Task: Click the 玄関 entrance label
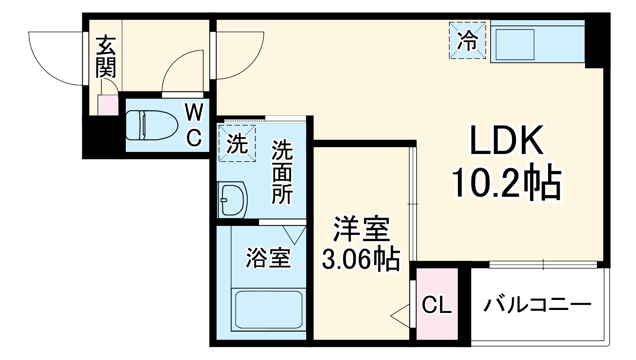(x=106, y=57)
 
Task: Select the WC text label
(x=194, y=126)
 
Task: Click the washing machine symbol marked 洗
(x=237, y=143)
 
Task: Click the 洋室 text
(x=361, y=229)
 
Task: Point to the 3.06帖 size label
(x=361, y=259)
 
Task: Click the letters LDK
(x=506, y=140)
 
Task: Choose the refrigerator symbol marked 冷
(x=468, y=40)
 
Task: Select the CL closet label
(x=437, y=305)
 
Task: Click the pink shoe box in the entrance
(x=108, y=105)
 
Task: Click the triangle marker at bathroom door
(x=294, y=234)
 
